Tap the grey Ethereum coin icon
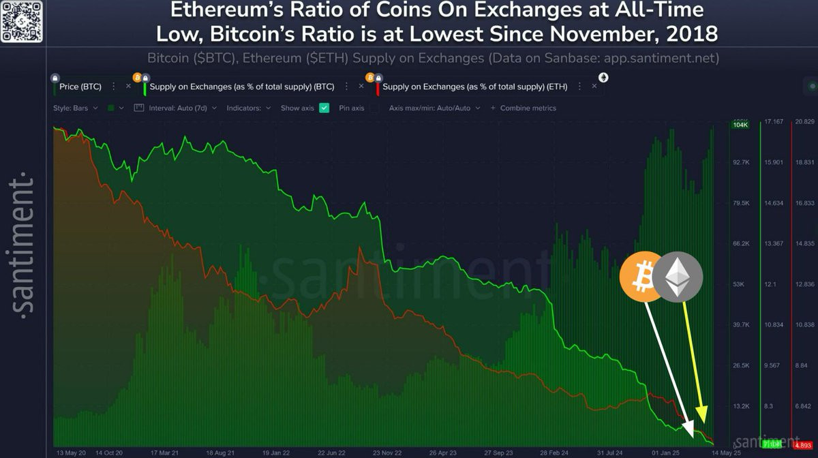coord(677,277)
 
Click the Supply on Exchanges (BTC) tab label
coord(241,87)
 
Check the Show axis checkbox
coord(324,108)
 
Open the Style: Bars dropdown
coord(76,108)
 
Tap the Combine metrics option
coord(528,108)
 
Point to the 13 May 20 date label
coord(70,452)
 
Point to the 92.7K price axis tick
coord(740,163)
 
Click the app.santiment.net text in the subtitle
coord(661,58)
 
